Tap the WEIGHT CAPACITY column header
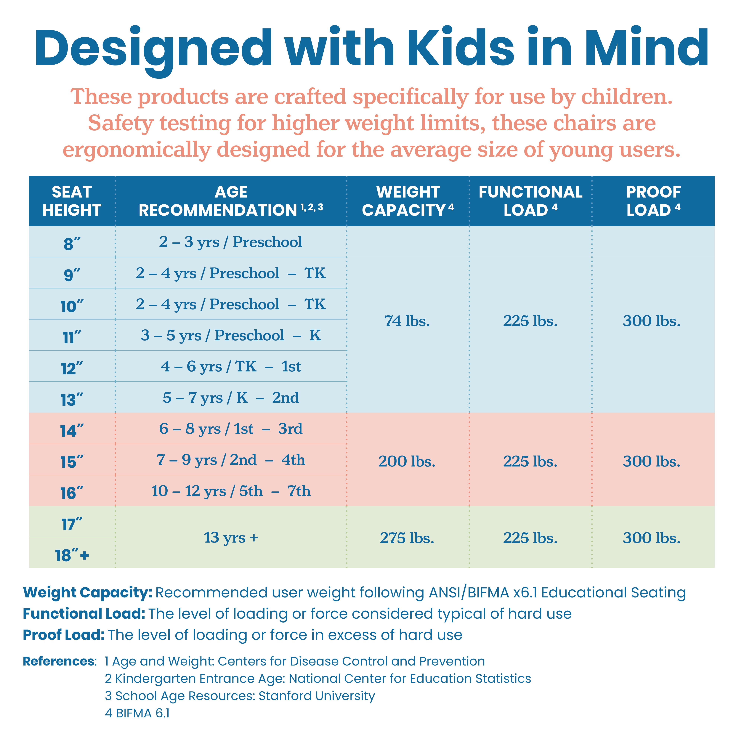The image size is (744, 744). [408, 201]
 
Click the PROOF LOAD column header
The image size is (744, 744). [653, 201]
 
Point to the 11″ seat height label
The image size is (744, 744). [72, 337]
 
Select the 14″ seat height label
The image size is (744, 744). [72, 431]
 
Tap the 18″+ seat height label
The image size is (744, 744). [72, 555]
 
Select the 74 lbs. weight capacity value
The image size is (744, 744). [407, 321]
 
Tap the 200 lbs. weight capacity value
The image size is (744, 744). [407, 461]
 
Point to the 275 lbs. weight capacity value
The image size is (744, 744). [407, 538]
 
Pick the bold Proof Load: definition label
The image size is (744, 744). [64, 635]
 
